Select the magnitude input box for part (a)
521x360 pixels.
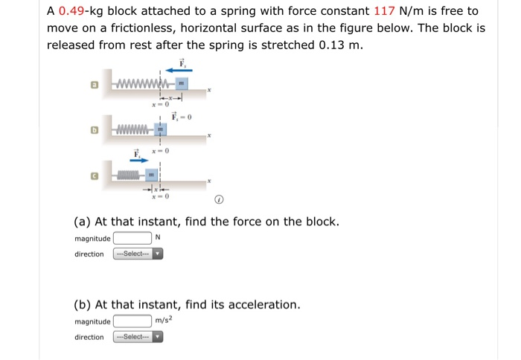pos(132,238)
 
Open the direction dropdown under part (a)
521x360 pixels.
pos(138,254)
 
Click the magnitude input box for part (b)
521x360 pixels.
pos(132,321)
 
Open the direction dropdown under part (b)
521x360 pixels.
pos(138,337)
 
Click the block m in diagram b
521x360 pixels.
pos(161,129)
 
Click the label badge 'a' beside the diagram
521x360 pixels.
pos(95,86)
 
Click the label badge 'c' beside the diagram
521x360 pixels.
pos(95,176)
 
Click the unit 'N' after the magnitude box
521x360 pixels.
pos(157,238)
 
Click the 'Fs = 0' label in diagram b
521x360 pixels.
pos(182,117)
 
